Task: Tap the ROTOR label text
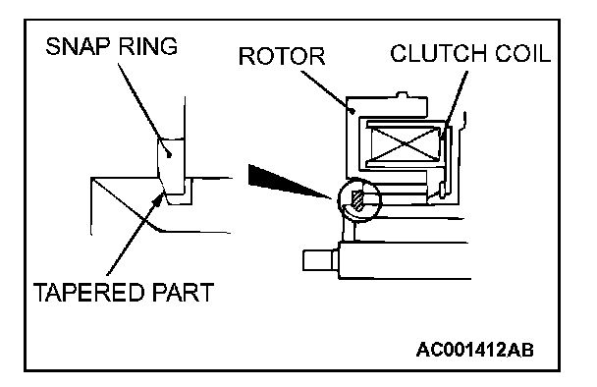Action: pyautogui.click(x=282, y=56)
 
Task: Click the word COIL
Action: pyautogui.click(x=522, y=53)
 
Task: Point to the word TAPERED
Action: pyautogui.click(x=88, y=293)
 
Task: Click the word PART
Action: pyautogui.click(x=183, y=293)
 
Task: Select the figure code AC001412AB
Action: pyautogui.click(x=475, y=350)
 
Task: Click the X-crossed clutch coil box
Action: pyautogui.click(x=406, y=143)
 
